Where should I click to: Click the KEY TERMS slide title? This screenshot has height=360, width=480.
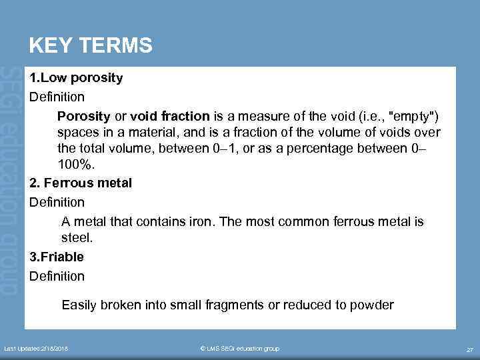[91, 45]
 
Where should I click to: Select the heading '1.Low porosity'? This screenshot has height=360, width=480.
[76, 78]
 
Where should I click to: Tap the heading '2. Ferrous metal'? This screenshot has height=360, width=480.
[81, 183]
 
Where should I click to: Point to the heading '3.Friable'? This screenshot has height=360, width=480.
[57, 257]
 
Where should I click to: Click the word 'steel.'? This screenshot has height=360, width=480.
[77, 237]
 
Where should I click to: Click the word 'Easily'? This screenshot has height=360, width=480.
[78, 305]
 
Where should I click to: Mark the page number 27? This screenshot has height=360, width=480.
[469, 349]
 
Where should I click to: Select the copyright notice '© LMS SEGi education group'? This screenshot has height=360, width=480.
[240, 349]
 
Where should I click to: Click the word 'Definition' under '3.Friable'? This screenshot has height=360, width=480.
[57, 276]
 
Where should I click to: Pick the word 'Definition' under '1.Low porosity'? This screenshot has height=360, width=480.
[57, 97]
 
